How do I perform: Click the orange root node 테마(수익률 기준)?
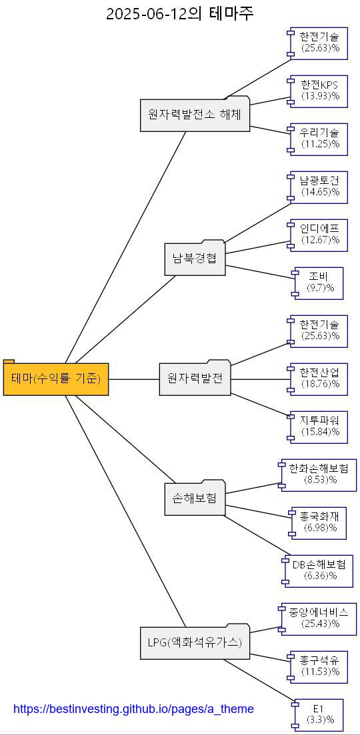56,379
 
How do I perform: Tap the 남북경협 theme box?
195,259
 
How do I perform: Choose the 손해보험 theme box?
195,498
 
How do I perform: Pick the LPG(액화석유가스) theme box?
195,643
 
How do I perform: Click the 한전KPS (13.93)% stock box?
319,91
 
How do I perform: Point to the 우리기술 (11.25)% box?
319,139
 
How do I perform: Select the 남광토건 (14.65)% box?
319,187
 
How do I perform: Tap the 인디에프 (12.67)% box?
319,235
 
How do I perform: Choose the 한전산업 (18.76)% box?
319,378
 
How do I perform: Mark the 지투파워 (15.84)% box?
319,426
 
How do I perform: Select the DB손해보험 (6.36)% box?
319,570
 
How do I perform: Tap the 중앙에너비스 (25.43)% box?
319,618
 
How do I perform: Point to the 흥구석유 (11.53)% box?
319,666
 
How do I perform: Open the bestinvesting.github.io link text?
133,709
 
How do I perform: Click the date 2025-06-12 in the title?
146,13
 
